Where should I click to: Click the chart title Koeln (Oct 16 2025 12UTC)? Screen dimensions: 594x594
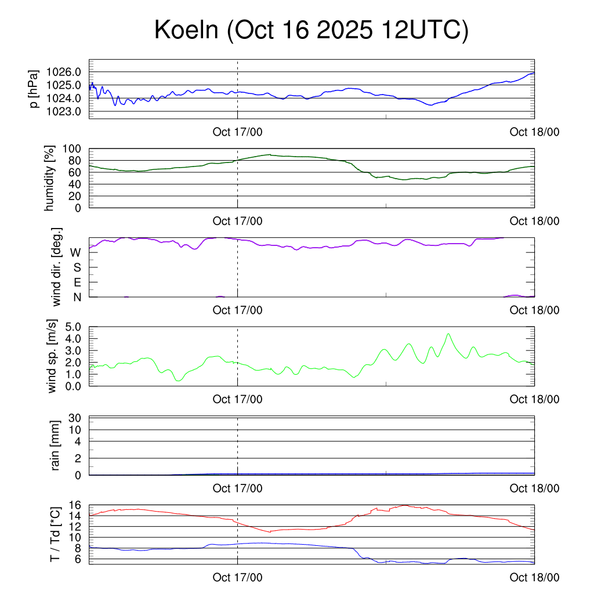(311, 31)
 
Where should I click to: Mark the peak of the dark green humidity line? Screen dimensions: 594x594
(269, 155)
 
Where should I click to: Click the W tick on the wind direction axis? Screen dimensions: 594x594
(75, 253)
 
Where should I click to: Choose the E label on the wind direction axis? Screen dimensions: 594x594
(77, 282)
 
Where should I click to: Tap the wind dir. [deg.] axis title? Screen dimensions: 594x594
(57, 267)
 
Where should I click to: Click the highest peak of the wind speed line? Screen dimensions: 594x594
(448, 334)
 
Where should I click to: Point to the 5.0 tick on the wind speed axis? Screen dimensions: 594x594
(73, 327)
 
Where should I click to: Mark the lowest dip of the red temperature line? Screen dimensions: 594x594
(269, 531)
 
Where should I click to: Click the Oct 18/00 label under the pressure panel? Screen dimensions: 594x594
(534, 132)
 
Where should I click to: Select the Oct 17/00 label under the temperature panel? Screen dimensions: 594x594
(237, 577)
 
